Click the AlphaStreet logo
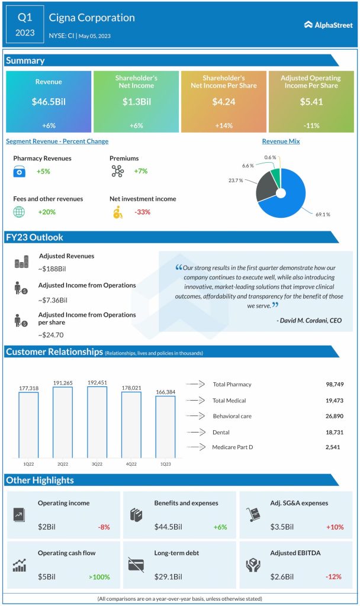328,24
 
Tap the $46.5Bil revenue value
49,101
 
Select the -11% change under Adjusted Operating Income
310,125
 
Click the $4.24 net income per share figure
223,101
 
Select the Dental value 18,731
335,431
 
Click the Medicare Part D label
233,447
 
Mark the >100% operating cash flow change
99,576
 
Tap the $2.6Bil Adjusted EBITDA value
284,576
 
